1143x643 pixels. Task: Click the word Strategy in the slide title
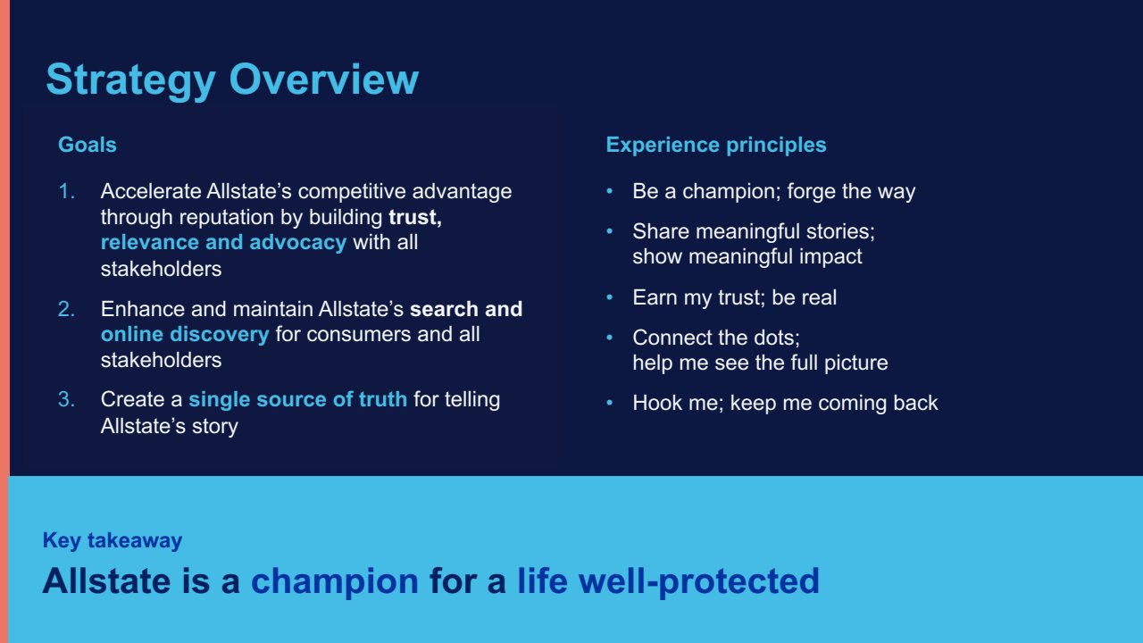[130, 80]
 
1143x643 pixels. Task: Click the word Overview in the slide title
[324, 79]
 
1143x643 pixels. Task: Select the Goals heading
[88, 145]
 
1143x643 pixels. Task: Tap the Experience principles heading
[716, 146]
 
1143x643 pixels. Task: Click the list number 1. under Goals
[67, 191]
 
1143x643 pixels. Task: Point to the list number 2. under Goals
[67, 309]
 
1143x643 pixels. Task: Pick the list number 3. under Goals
[67, 399]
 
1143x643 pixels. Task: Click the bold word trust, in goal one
[415, 217]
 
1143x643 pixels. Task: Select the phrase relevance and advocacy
[223, 242]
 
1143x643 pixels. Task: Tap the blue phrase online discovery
[185, 334]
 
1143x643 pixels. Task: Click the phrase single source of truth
[298, 399]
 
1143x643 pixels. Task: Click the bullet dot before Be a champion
[609, 191]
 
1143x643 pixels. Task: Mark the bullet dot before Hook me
[609, 403]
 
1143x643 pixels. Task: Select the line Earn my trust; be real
[735, 298]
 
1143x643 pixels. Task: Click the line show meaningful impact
[747, 256]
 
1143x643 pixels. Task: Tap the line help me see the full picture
[760, 363]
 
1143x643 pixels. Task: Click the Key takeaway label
[113, 541]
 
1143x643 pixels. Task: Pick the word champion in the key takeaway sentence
[335, 582]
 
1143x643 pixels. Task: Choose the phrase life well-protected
[669, 582]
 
